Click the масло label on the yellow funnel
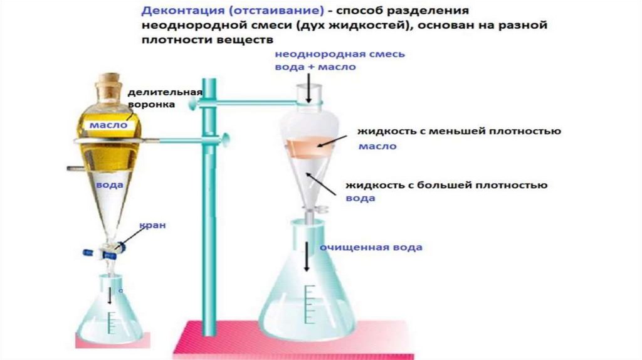(108, 125)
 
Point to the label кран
(152, 225)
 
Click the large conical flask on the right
(307, 295)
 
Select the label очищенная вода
(371, 247)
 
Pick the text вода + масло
(315, 66)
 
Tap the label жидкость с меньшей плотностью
(458, 132)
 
